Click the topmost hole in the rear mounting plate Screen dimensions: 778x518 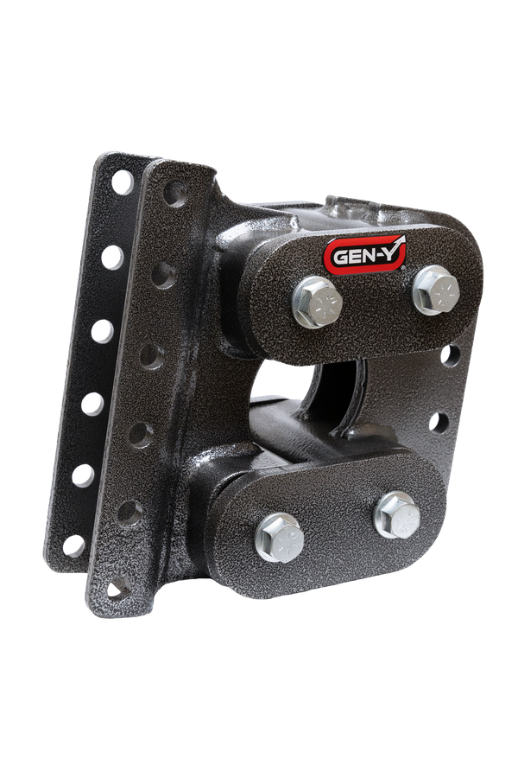pyautogui.click(x=123, y=182)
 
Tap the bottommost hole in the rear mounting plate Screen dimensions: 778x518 pyautogui.click(x=73, y=545)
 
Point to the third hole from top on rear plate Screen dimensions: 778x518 pyautogui.click(x=103, y=329)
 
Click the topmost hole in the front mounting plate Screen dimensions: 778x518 pyautogui.click(x=174, y=193)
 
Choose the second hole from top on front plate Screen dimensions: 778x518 pyautogui.click(x=161, y=274)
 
